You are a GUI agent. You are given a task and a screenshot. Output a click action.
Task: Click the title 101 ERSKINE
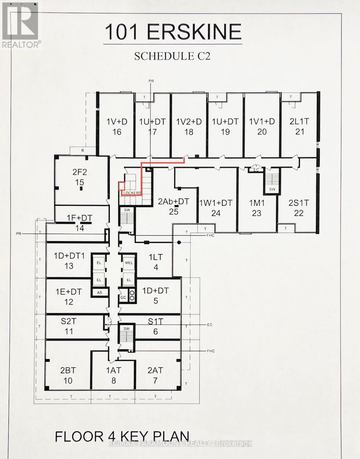click(173, 32)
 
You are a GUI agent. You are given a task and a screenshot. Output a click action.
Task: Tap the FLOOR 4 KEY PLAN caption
click(122, 436)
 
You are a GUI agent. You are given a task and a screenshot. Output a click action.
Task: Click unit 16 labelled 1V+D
click(117, 127)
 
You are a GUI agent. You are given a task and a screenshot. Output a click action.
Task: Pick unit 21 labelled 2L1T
click(300, 127)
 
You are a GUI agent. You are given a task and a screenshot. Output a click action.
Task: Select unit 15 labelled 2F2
click(80, 177)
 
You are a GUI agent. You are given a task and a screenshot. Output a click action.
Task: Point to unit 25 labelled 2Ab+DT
click(174, 206)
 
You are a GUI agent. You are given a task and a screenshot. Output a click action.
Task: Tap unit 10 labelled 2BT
click(68, 375)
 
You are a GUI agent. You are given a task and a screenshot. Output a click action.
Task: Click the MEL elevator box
click(129, 263)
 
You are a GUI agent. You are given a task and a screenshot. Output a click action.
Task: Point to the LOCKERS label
click(132, 193)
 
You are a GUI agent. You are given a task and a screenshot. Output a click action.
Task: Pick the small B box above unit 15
click(83, 151)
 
